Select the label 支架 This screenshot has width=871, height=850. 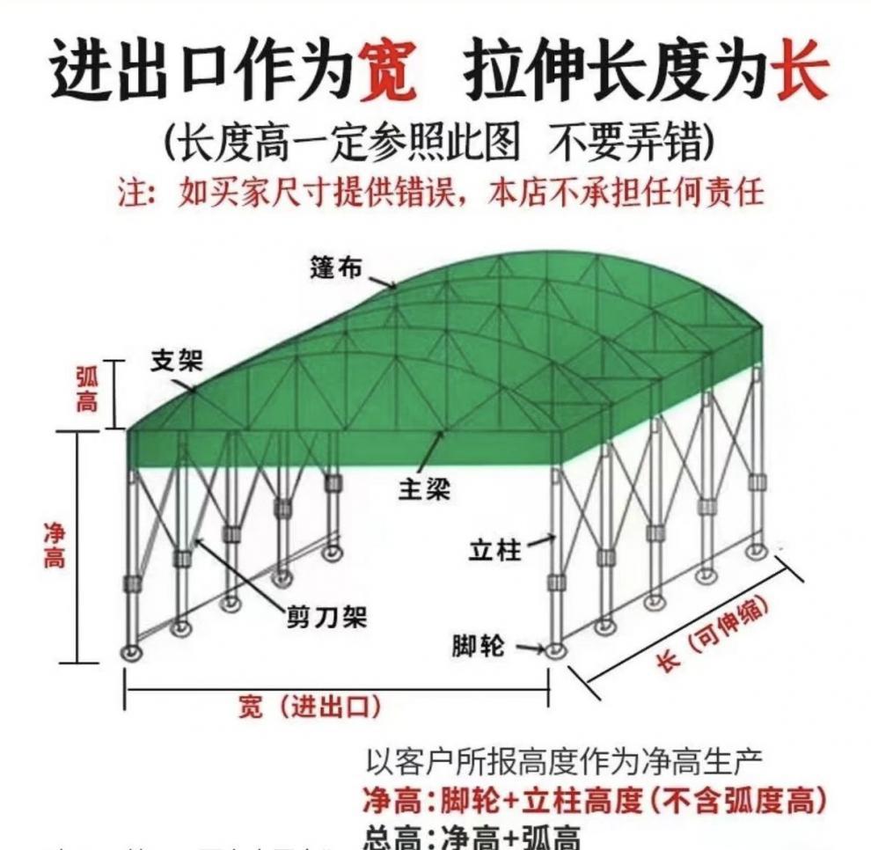coord(176,361)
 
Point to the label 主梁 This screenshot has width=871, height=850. coord(424,489)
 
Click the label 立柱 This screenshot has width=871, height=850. coord(494,551)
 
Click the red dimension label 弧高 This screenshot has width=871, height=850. coord(87,391)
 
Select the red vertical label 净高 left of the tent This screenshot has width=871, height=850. coord(55,546)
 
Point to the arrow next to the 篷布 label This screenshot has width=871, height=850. coord(382,282)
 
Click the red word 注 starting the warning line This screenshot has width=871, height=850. coord(129,192)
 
